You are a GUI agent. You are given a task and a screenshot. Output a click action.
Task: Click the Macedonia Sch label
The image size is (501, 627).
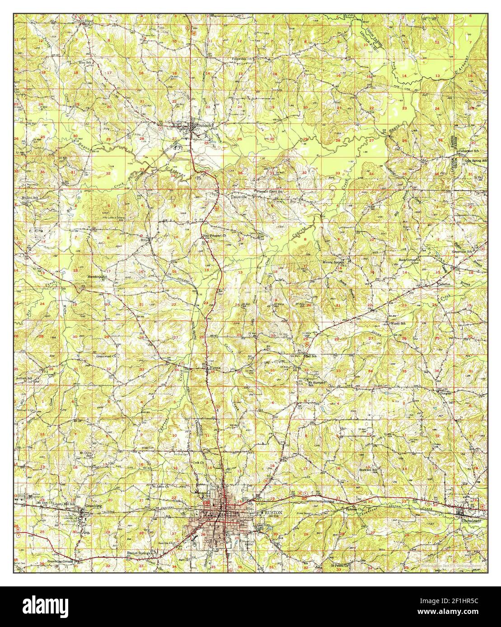(97, 277)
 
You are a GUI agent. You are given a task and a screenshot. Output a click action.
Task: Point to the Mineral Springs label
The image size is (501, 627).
(333, 262)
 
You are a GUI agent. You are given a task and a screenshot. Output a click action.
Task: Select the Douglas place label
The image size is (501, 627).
(445, 392)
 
